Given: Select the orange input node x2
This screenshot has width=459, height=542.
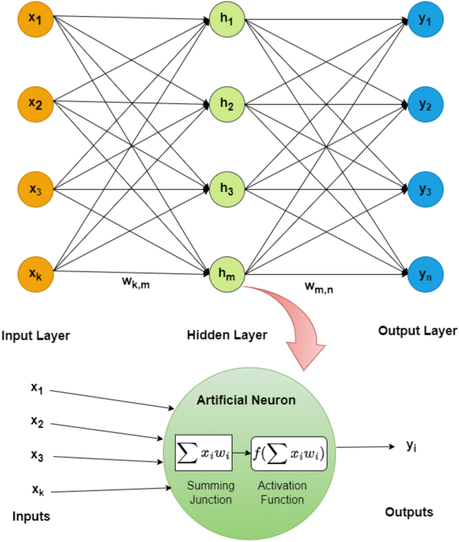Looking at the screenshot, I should tap(36, 104).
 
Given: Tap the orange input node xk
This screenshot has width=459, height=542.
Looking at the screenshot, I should tap(36, 272).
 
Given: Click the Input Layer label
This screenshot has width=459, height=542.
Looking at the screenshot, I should tap(40, 334).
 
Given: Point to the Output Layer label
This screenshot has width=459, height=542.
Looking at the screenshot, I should tap(417, 331).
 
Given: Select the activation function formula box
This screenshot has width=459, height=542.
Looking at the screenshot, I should tap(289, 453).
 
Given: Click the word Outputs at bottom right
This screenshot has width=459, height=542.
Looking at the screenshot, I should tap(409, 512).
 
